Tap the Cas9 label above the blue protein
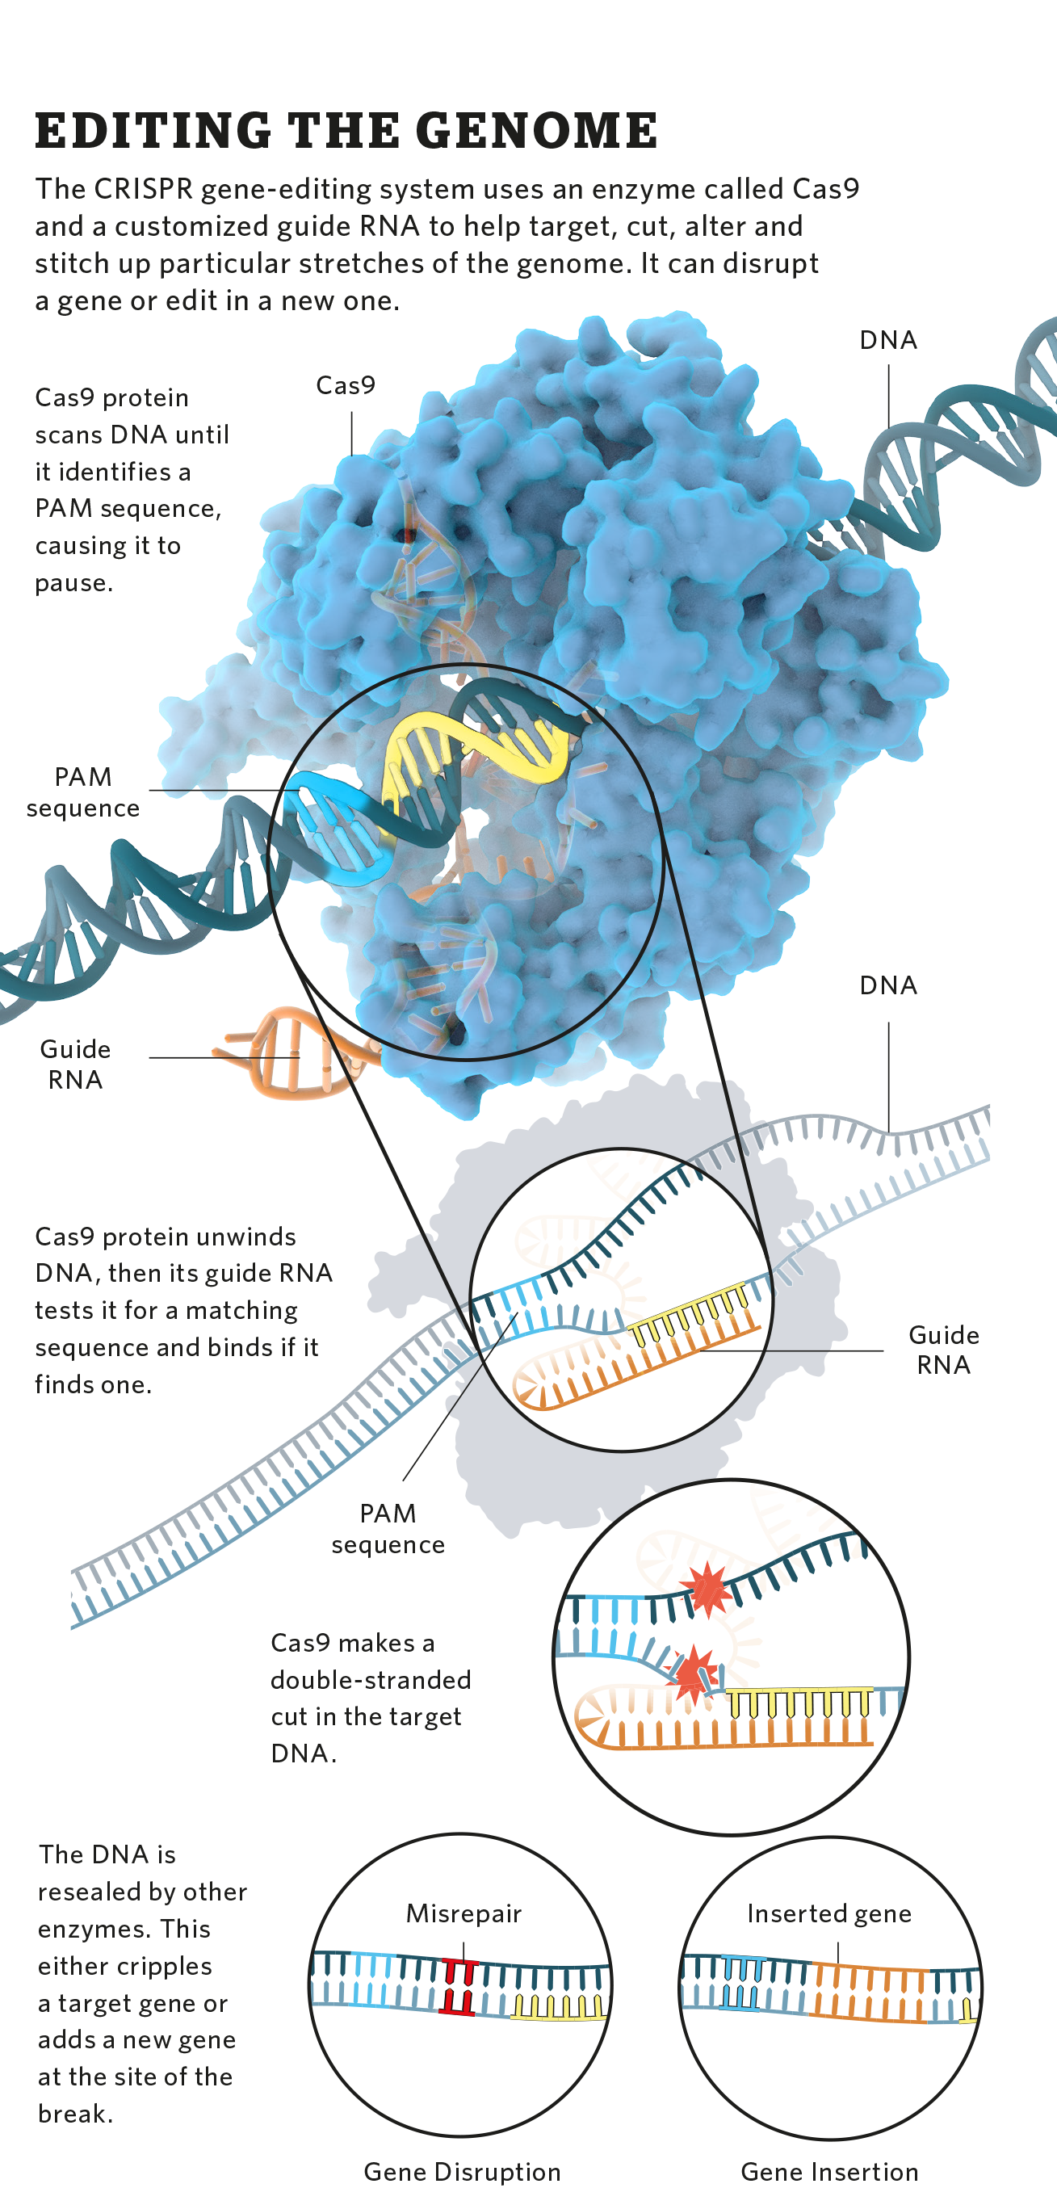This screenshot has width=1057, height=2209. tap(346, 385)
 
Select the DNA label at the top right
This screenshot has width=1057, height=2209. tap(888, 341)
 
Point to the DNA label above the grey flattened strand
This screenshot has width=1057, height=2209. tap(888, 985)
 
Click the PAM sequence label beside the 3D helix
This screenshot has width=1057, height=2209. tap(83, 792)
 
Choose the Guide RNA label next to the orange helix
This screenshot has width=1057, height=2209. tap(75, 1065)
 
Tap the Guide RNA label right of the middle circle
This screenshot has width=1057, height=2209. tap(943, 1350)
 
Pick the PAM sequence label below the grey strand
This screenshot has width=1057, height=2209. tap(388, 1528)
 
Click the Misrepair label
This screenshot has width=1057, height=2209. tap(463, 1913)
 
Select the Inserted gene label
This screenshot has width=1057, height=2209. tap(829, 1913)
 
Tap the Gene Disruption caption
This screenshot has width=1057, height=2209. tap(462, 2171)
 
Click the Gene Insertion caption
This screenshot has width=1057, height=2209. tap(829, 2171)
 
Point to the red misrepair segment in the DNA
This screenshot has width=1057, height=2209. tap(457, 1986)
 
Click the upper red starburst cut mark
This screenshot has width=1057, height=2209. tap(707, 1587)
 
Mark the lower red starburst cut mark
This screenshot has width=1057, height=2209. tap(692, 1671)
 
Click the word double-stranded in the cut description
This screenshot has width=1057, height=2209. tap(371, 1679)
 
